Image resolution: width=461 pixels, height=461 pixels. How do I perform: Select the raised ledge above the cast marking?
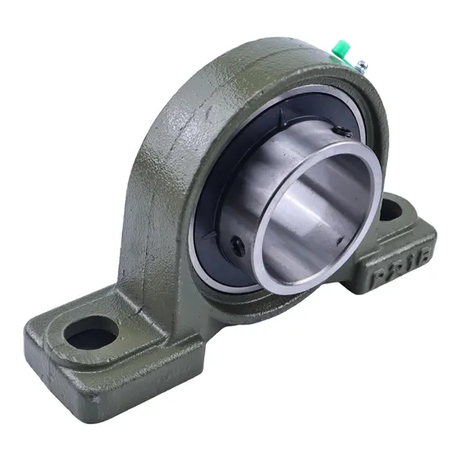point(394,239)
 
